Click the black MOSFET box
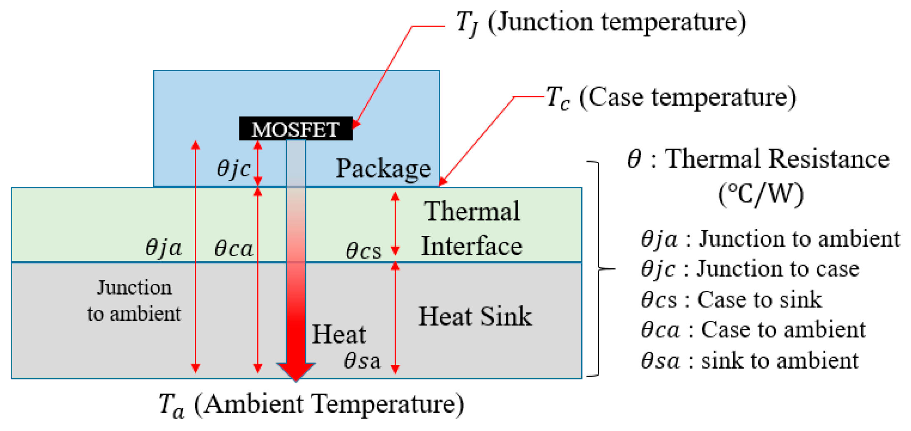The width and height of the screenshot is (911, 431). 296,129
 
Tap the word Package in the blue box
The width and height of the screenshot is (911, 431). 383,168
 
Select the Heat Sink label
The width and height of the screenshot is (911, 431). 475,316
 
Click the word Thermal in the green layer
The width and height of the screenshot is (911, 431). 472,211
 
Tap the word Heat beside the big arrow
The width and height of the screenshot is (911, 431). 339,334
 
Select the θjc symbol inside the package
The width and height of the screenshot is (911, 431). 234,168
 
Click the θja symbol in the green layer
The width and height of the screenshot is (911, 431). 163,248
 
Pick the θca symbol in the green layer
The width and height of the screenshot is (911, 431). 234,249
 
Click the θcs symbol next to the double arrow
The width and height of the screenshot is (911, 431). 363,250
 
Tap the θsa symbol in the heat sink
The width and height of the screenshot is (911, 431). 362,361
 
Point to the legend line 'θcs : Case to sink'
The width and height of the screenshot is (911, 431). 731,300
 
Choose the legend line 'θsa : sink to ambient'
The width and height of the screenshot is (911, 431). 749,361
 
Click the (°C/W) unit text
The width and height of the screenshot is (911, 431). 761,194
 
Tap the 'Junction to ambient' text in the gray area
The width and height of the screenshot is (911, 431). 134,300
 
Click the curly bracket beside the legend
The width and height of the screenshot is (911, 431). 600,269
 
